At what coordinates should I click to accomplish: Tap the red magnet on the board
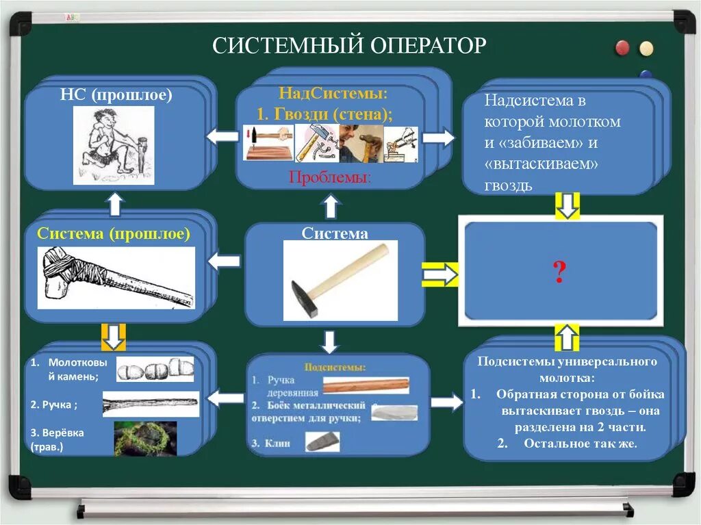pos(622,48)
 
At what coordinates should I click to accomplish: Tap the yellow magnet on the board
pos(646,49)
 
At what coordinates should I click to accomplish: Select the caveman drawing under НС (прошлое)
pos(114,145)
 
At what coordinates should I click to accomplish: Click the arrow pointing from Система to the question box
pos(439,274)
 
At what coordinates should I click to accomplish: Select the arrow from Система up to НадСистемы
pos(331,205)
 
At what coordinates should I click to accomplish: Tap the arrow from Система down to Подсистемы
pos(330,341)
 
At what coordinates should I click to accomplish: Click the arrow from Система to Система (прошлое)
pos(224,261)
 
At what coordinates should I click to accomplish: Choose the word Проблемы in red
pos(330,177)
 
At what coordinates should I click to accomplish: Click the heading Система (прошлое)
pos(114,233)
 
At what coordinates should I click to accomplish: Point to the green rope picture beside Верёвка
pos(145,438)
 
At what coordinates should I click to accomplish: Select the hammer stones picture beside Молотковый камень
pos(155,370)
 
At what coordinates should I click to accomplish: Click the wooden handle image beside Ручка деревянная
pos(366,385)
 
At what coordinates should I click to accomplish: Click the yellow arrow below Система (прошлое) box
pos(114,335)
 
